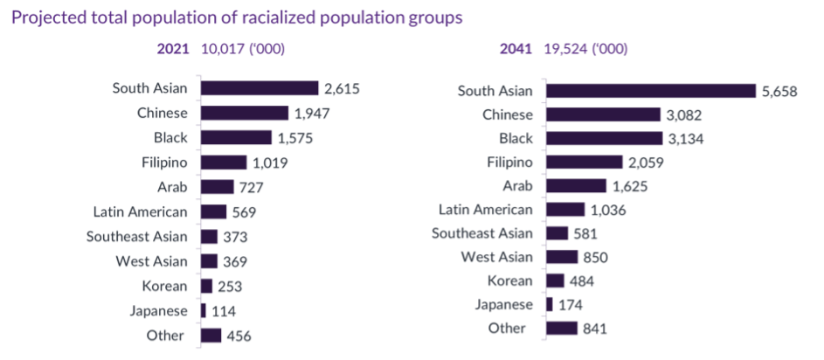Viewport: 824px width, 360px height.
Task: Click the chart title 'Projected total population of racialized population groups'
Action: coord(236,17)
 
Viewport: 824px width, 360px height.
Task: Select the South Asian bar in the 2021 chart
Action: coord(260,88)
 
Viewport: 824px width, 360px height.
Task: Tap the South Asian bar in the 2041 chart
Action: coord(651,91)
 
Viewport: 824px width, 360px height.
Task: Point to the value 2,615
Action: coord(342,88)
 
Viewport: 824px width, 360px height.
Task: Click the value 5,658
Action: coord(779,91)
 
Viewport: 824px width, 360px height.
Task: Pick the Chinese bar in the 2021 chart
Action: coord(245,113)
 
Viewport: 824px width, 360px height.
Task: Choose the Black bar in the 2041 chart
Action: coord(604,138)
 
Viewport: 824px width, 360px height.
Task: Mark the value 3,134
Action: coord(686,138)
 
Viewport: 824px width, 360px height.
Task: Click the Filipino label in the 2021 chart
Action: coord(164,162)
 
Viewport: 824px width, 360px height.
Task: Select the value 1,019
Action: coord(270,163)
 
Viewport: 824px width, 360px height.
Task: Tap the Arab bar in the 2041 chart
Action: coord(576,186)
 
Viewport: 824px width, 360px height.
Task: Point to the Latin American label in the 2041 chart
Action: coord(486,210)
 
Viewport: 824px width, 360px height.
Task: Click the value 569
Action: coord(245,211)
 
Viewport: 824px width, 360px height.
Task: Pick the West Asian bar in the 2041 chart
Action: coord(562,257)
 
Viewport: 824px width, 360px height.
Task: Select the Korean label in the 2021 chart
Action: coord(164,286)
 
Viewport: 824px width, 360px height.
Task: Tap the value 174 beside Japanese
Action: coord(571,305)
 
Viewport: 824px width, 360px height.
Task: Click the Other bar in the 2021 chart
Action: coord(211,336)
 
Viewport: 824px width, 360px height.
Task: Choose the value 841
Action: coord(595,329)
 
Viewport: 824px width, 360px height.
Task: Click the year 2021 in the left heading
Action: coord(173,49)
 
